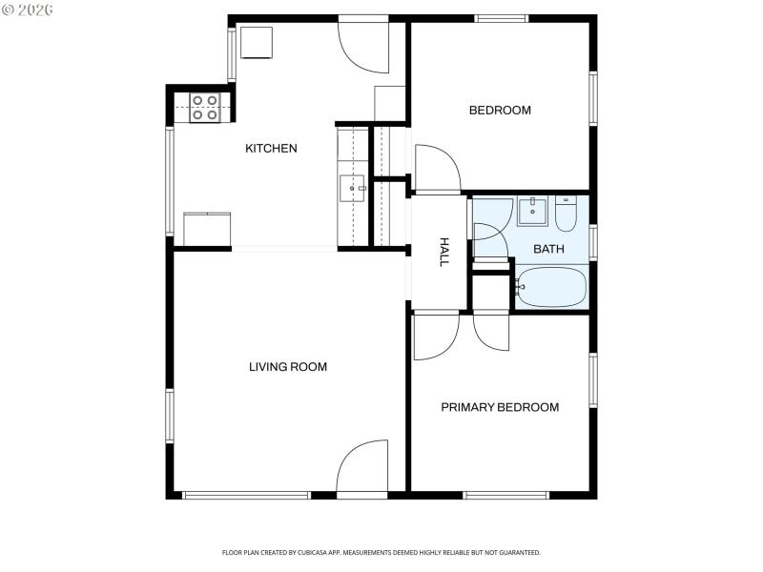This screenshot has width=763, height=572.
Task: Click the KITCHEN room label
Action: point(271,148)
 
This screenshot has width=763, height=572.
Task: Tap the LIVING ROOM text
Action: point(288,367)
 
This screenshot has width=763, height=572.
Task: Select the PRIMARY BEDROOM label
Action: point(500,407)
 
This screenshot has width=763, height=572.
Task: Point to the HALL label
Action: point(443,252)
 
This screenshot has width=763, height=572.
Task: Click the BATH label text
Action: point(547,250)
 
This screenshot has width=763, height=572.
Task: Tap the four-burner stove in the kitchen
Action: point(204,108)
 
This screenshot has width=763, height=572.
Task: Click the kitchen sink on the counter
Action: point(352,189)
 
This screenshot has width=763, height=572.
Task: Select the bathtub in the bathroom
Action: point(550,287)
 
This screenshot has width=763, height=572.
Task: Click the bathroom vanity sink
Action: point(532,210)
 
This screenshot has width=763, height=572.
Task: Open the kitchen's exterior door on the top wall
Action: point(363,46)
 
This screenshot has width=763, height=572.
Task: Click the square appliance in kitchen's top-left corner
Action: point(258,44)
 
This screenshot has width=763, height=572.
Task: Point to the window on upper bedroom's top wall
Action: point(502,17)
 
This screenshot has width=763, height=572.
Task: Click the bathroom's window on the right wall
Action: point(593,242)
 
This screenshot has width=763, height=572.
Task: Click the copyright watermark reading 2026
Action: point(28,10)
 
